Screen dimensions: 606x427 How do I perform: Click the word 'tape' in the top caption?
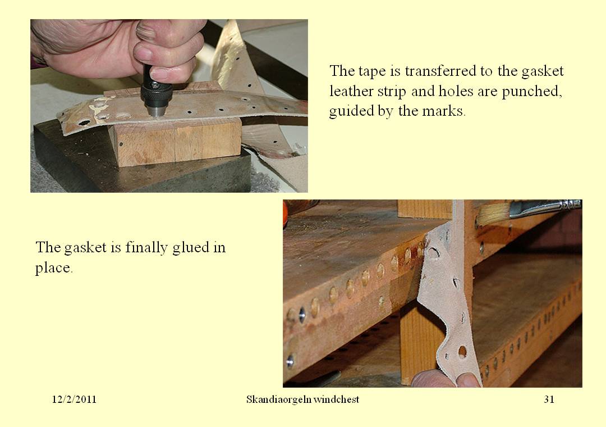372,71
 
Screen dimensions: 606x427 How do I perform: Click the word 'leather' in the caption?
351,92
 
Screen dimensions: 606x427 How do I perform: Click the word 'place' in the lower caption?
54,268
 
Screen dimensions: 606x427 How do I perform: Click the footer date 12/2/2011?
74,399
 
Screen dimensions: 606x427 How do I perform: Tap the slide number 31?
549,399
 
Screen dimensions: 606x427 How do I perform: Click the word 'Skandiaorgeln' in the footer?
278,399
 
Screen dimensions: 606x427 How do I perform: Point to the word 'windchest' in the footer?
336,399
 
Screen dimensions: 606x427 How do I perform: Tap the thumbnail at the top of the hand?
146,30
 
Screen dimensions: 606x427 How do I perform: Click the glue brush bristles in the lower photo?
493,213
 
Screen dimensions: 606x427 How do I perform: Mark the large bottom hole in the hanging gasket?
462,352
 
